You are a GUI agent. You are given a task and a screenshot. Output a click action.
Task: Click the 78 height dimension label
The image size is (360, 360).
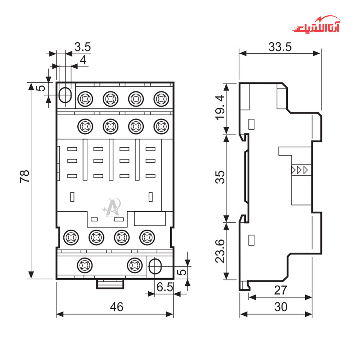24,176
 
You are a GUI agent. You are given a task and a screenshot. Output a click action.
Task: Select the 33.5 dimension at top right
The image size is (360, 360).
279,47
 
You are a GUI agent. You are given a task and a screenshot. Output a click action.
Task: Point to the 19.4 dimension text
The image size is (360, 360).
220,107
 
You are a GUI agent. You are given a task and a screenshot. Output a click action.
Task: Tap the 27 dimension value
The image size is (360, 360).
280,290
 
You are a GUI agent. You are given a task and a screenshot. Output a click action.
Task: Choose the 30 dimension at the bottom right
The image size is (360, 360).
280,307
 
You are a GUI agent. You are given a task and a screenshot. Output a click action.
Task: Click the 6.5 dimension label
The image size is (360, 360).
165,287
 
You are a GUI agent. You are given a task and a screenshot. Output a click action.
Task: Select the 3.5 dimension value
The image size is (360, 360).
82,47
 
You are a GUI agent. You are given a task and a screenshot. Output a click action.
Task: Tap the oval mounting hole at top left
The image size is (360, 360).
65,95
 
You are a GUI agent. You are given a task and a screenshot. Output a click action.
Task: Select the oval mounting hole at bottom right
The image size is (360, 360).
156,266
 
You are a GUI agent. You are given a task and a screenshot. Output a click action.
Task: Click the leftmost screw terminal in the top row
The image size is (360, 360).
85,98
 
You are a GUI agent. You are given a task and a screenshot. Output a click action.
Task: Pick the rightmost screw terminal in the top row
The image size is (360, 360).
161,98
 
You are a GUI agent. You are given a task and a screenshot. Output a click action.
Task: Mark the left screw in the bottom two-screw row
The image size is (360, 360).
85,265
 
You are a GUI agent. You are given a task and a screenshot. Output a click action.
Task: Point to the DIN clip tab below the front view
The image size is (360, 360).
110,284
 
